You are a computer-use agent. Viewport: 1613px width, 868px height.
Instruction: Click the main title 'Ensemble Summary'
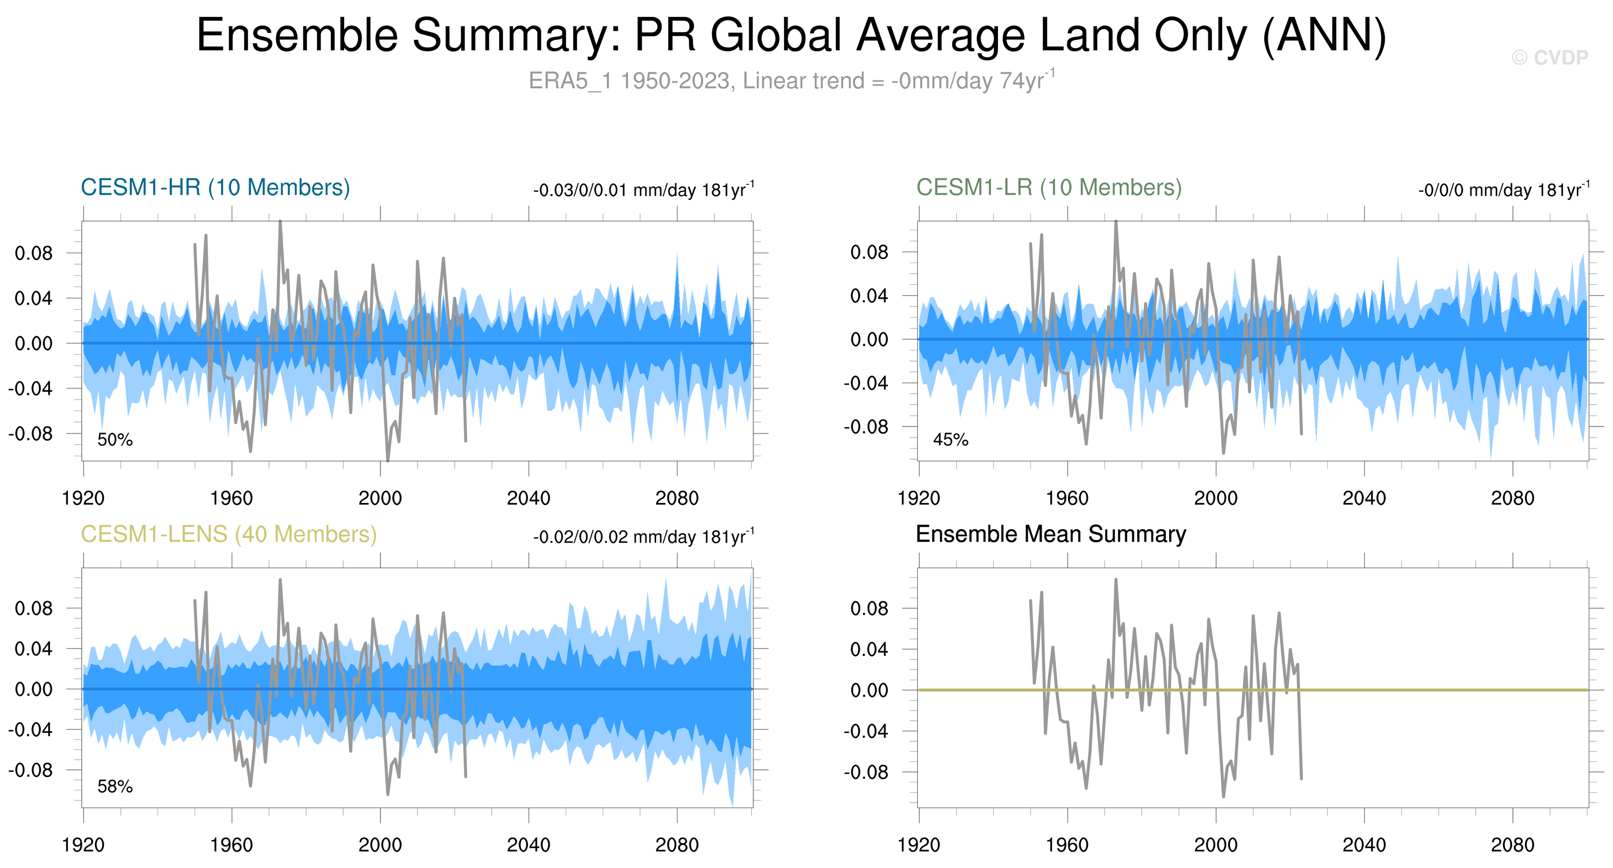pos(791,35)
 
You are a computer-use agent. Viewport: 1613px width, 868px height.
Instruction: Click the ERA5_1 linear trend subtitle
pos(791,81)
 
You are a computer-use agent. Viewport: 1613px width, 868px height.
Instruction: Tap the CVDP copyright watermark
pos(1549,57)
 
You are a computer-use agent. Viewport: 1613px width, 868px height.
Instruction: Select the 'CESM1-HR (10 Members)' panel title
pos(215,187)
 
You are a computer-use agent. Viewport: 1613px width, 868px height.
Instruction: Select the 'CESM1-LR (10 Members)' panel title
pos(1049,187)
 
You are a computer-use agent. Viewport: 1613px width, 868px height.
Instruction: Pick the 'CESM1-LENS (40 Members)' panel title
pos(228,534)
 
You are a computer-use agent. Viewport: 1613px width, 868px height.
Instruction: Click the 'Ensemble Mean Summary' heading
pos(1051,534)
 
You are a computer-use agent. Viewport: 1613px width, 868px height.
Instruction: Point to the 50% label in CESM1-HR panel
pos(114,439)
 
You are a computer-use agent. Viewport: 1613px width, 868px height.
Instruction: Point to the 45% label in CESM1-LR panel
pos(950,439)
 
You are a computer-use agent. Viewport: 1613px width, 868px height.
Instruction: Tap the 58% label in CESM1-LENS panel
pos(114,787)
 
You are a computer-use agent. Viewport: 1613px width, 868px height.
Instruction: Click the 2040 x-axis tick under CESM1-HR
pos(528,498)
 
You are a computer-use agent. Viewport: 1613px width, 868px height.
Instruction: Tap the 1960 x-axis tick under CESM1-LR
pos(1067,498)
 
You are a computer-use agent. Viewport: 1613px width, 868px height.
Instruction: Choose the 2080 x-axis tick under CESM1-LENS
pos(676,845)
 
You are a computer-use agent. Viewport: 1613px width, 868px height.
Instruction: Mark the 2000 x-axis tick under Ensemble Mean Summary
pos(1215,845)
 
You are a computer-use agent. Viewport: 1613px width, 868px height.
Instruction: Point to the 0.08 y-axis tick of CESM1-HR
pos(34,254)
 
